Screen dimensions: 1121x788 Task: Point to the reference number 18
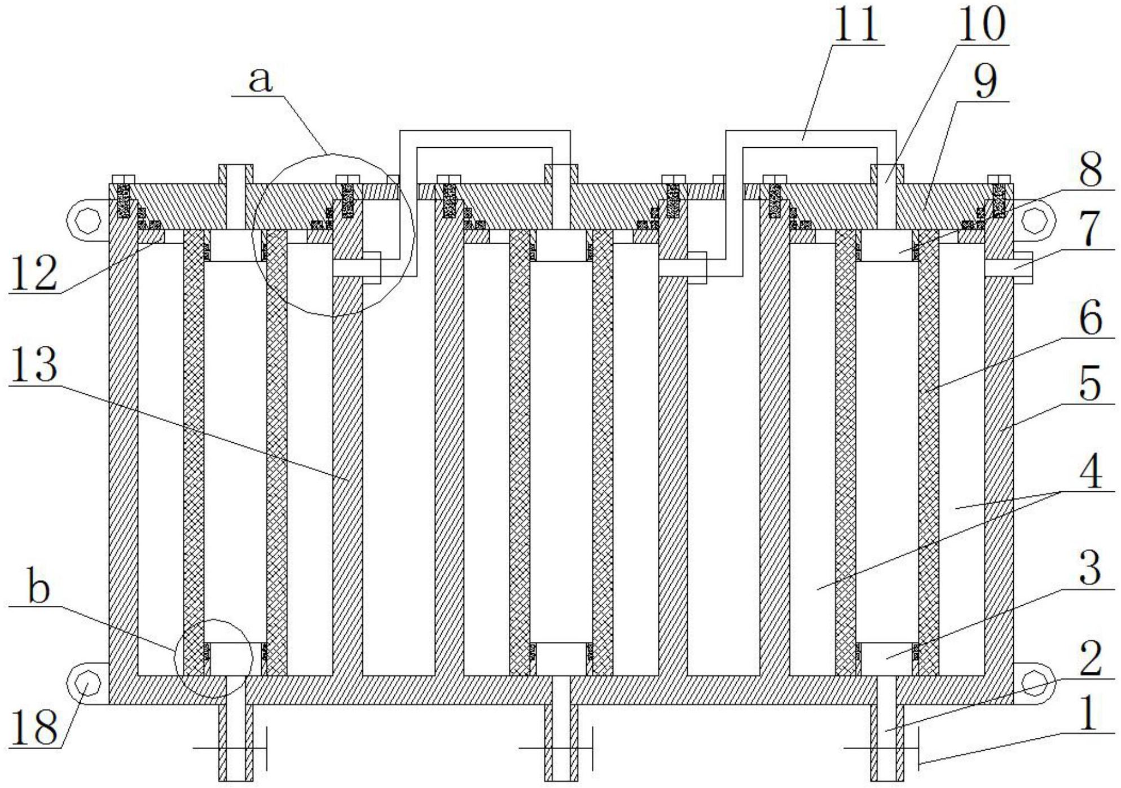[33, 727]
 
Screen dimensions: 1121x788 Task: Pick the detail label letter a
[260, 80]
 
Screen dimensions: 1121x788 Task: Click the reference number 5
[1089, 384]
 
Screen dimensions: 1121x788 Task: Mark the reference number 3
[1089, 568]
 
